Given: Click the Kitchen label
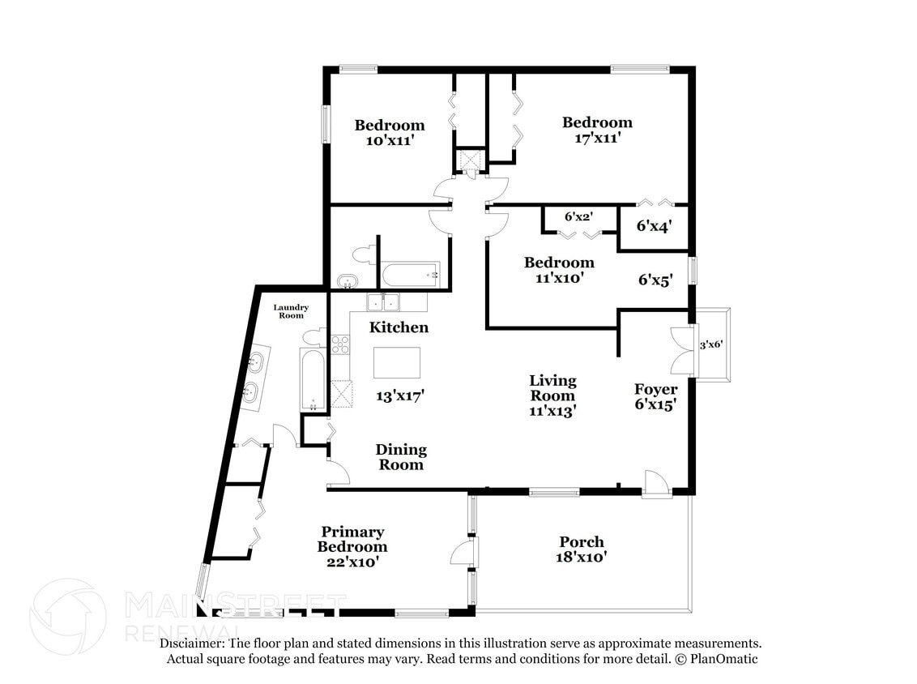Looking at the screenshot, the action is pos(399,327).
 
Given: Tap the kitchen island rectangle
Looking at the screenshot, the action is pos(397,363).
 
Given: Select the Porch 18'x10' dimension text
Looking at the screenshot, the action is pos(582,557).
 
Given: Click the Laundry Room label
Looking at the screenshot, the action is pos(291,311).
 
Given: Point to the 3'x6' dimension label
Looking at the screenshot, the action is pos(711,344).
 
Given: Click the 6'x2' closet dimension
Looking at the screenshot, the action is pos(579,216).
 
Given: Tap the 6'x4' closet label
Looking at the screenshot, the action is pos(654,225).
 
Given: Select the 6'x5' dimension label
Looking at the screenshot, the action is pos(655,280).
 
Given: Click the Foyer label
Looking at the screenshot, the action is pos(656,389).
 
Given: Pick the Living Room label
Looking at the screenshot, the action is pos(552,388).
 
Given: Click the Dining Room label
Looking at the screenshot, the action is pos(401,457).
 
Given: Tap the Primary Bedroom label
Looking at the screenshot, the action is pos(352,539).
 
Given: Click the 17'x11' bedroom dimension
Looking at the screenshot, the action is pos(597,138).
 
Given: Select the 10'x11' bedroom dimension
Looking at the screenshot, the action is pos(390,140).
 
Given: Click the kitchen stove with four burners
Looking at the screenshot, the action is pos(340,344).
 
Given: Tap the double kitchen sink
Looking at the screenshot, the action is pos(383,302).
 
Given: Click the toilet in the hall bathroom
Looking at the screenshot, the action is pos(364,255).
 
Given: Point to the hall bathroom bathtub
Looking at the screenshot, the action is pos(411,275).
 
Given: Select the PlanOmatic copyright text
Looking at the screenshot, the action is pos(717,659).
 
